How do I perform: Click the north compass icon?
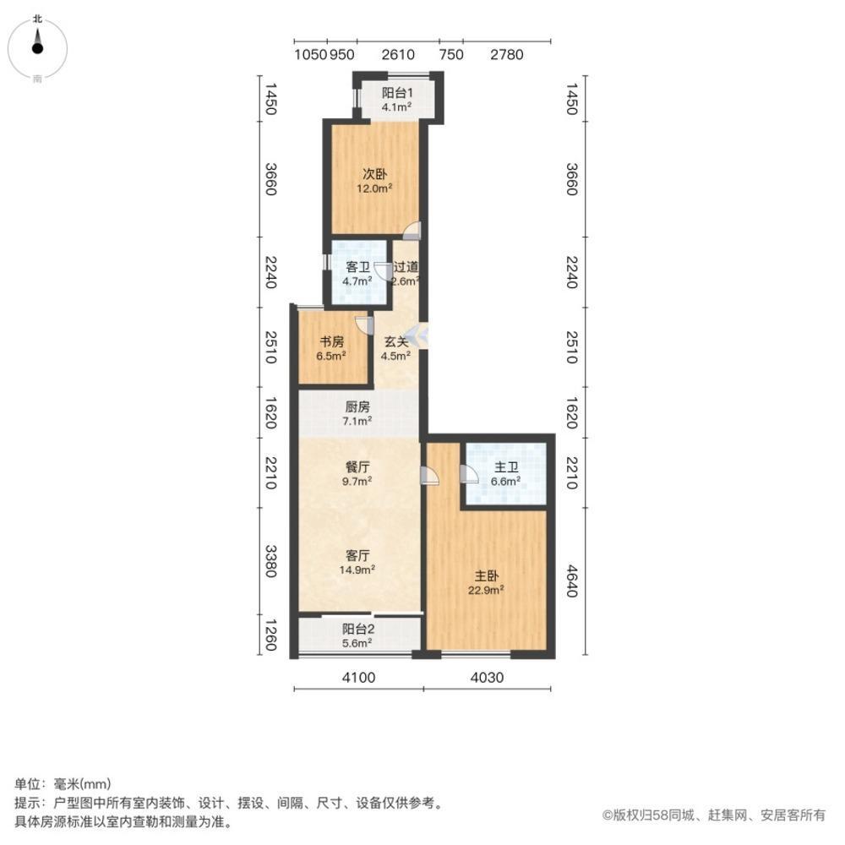click(x=37, y=46)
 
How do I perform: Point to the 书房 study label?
click(x=330, y=342)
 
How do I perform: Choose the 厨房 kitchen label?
click(x=357, y=406)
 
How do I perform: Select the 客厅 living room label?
click(x=358, y=555)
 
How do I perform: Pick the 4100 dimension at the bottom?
click(x=358, y=677)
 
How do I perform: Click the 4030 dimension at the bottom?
click(x=487, y=677)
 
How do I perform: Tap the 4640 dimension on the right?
click(x=571, y=581)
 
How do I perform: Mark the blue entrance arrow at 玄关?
click(x=419, y=335)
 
